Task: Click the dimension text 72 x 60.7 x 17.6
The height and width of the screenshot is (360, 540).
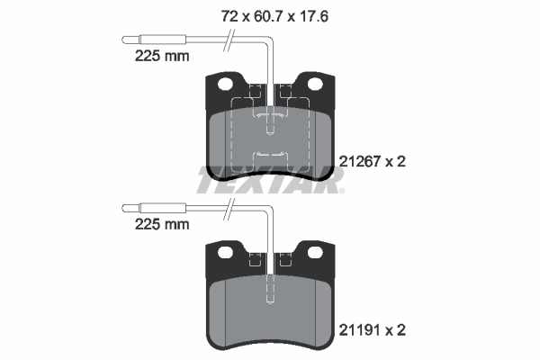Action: [269, 14]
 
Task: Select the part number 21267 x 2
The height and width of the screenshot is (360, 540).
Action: [375, 162]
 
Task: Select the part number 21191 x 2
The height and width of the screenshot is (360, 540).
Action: [375, 330]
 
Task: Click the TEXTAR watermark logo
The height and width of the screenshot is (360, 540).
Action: [270, 182]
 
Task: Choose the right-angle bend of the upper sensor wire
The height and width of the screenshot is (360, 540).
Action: [271, 40]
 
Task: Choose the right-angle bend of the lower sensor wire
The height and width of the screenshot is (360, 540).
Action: [271, 209]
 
